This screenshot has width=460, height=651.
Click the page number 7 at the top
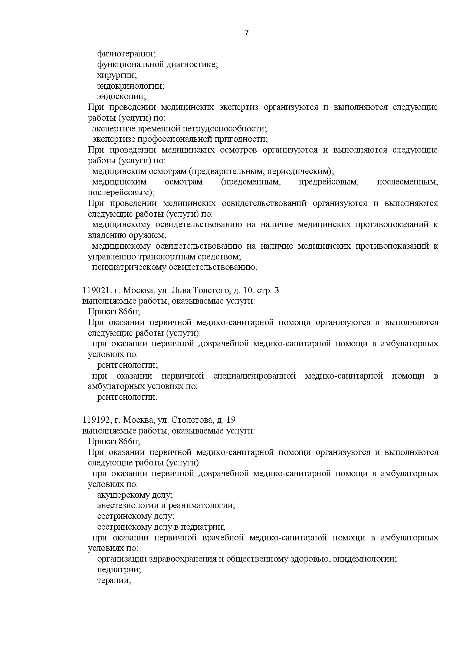coord(247,33)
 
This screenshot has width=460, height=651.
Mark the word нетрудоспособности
coord(224,129)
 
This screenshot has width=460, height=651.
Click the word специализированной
coord(254,376)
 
